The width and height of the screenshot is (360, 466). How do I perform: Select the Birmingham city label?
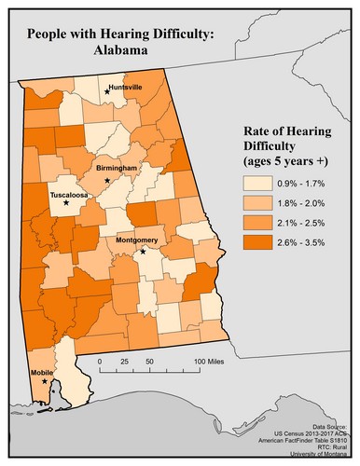117,168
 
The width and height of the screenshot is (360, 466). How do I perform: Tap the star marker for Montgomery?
143,252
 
